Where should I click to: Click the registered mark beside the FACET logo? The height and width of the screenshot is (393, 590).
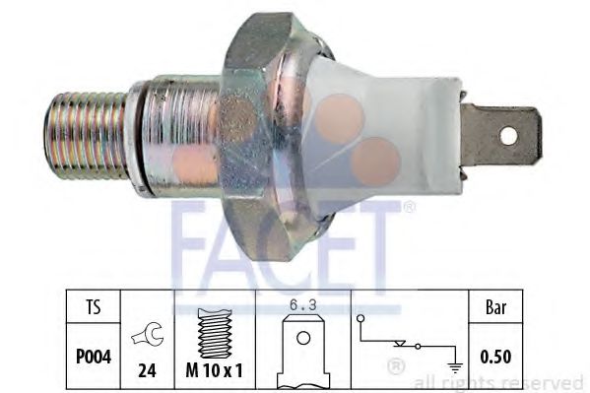tap(410, 207)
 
